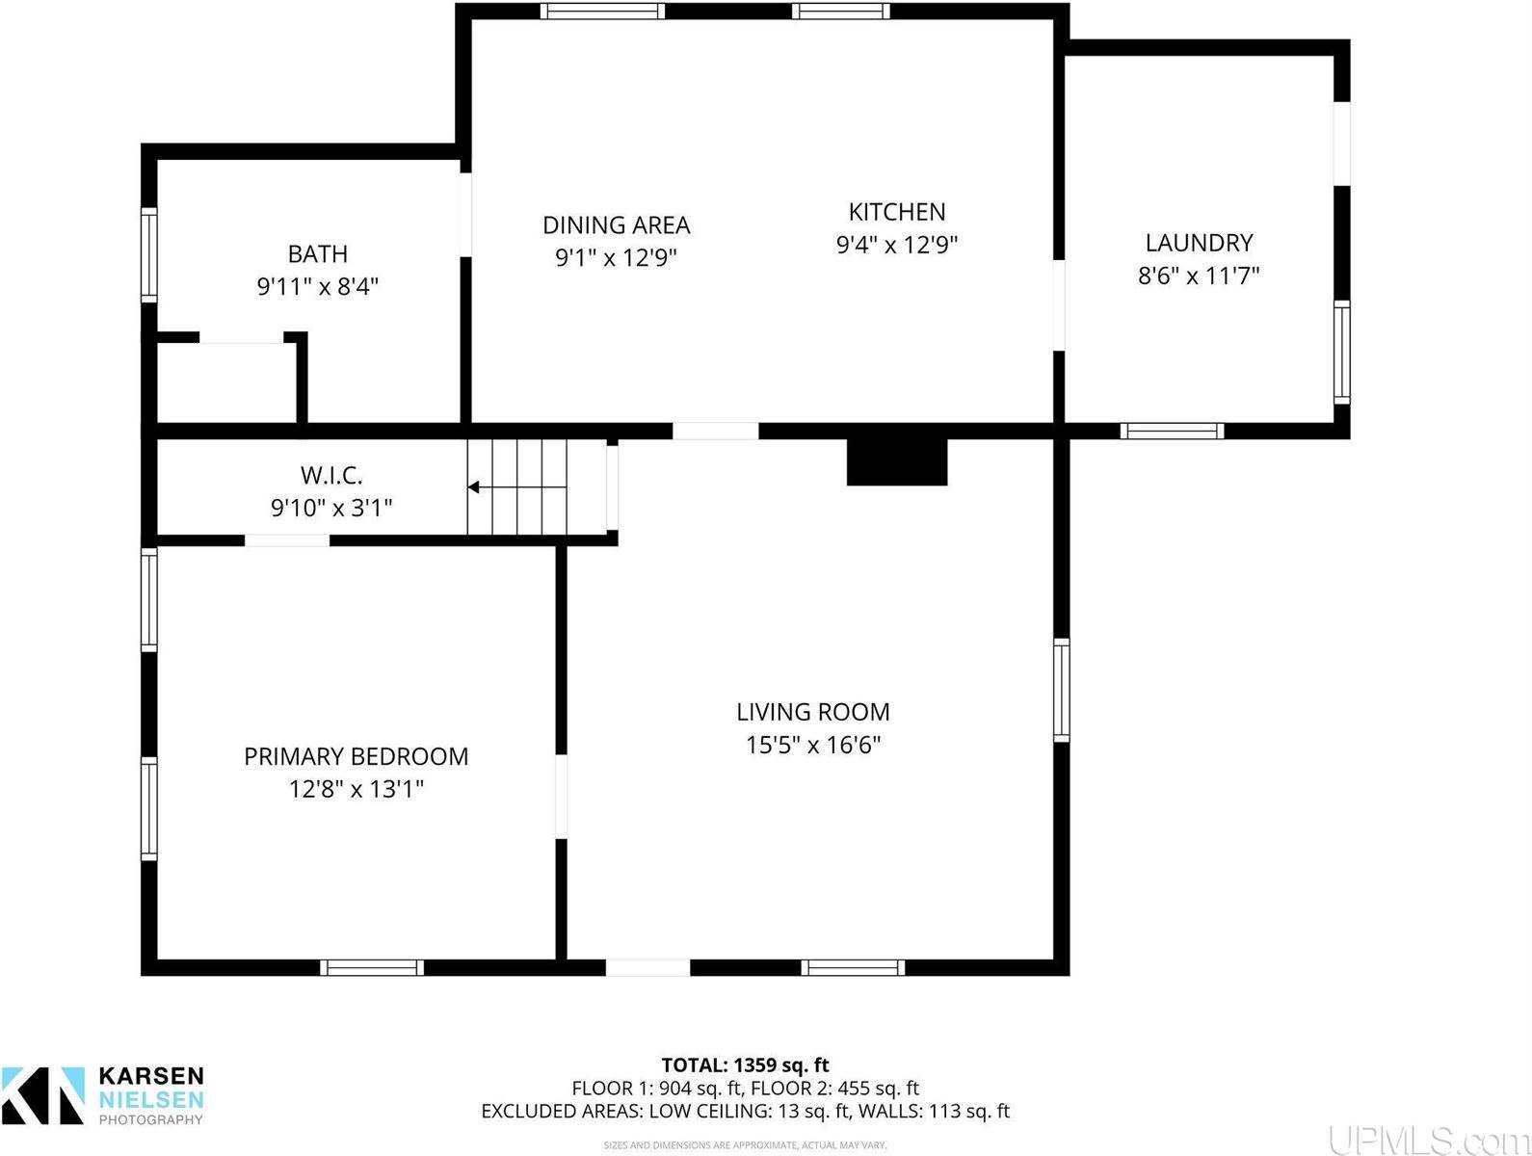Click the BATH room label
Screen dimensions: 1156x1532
click(318, 254)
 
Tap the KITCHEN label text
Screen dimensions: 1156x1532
click(897, 212)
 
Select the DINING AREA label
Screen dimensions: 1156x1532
click(617, 225)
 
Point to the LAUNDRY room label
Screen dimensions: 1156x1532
click(1199, 243)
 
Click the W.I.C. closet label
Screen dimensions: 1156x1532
click(331, 475)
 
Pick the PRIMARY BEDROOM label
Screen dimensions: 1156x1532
click(357, 756)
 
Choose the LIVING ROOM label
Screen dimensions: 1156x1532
click(813, 712)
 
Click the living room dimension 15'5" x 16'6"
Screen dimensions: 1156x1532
click(813, 745)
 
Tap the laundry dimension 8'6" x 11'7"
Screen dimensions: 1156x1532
click(1199, 276)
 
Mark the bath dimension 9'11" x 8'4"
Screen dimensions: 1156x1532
click(318, 286)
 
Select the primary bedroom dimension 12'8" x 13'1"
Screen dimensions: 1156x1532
click(357, 789)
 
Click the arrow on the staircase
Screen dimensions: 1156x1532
click(475, 487)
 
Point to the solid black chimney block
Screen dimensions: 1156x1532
click(897, 462)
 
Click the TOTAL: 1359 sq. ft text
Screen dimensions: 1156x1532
click(745, 1065)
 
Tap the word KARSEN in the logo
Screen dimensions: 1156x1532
click(151, 1076)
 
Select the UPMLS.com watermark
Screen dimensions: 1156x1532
click(1427, 1140)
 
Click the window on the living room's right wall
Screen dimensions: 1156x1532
click(1061, 690)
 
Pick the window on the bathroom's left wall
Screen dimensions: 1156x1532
click(148, 255)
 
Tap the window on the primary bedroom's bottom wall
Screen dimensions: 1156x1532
click(372, 967)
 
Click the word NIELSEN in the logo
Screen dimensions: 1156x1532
click(151, 1099)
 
